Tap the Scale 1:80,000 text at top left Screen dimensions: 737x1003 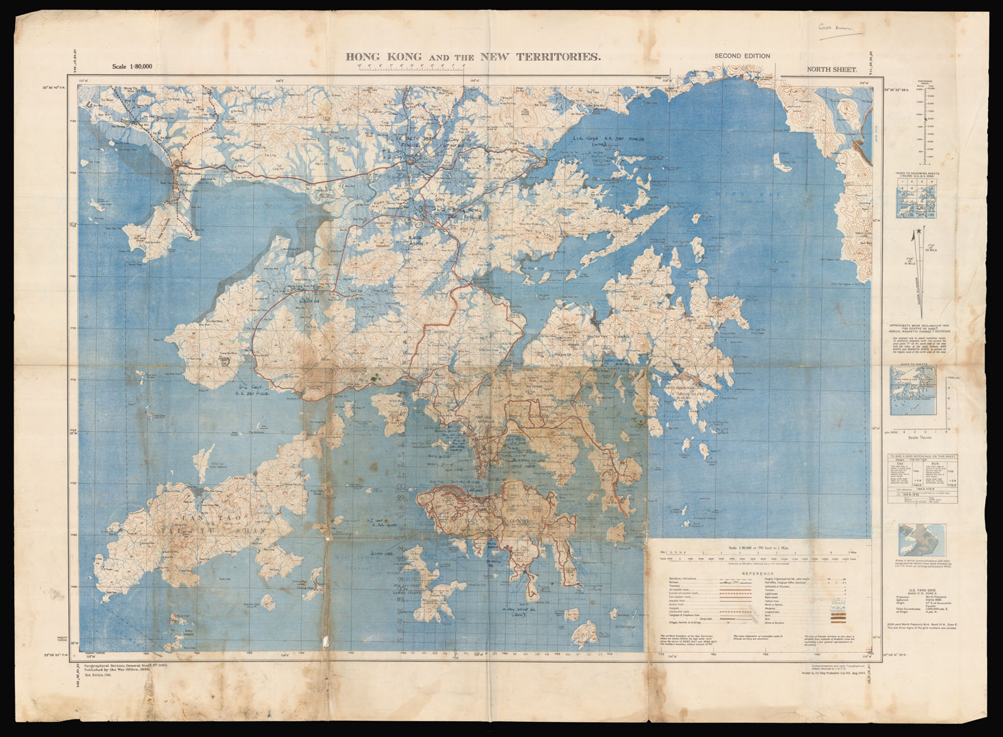tap(132, 66)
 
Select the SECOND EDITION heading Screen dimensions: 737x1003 tap(742, 56)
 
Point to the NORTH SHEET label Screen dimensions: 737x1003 tap(832, 69)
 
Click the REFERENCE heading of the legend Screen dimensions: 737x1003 tap(758, 573)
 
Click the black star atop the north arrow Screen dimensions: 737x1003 tap(919, 233)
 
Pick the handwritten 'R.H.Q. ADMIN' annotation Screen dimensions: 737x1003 tap(424, 237)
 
